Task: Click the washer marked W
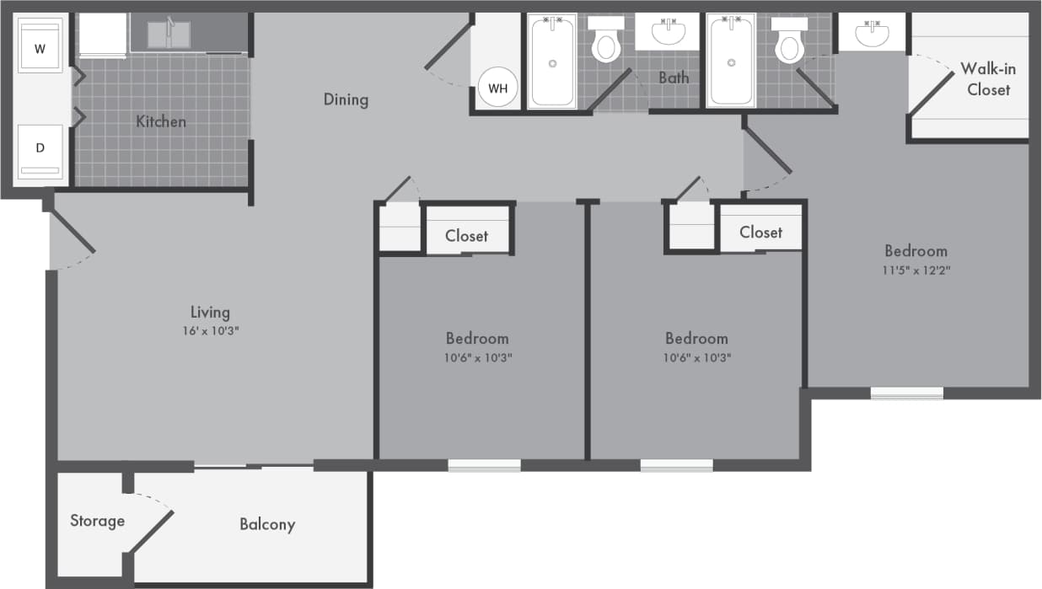40,48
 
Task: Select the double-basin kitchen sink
169,35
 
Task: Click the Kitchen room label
161,121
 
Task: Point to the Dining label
346,99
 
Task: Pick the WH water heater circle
497,87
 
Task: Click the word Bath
674,78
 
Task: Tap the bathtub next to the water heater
553,62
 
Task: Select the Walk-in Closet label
988,78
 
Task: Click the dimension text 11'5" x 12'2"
916,270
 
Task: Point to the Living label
210,313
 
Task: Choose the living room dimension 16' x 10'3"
210,331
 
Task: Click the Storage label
97,521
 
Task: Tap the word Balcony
267,524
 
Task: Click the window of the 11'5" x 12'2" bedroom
906,392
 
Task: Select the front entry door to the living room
72,233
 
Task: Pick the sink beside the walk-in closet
872,35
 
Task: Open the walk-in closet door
930,93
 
